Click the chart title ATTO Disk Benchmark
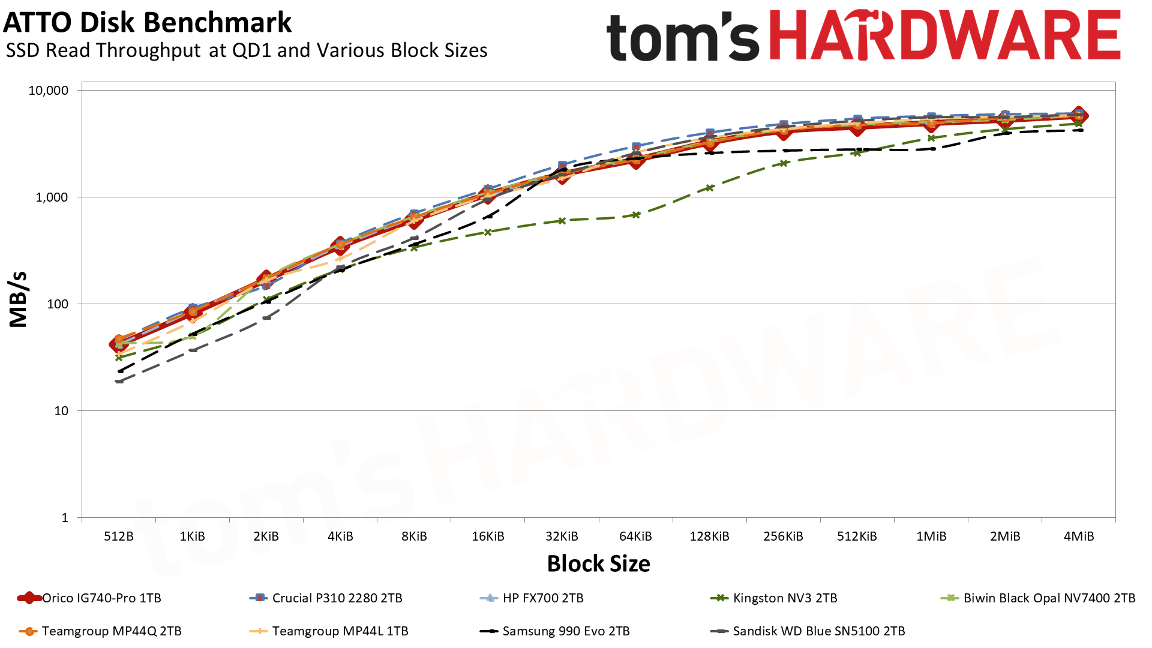(x=147, y=23)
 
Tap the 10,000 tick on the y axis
(x=49, y=91)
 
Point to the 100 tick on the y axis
(x=58, y=304)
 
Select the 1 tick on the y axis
(x=65, y=518)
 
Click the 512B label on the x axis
(x=119, y=536)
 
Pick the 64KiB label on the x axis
(x=635, y=536)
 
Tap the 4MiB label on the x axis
(x=1078, y=536)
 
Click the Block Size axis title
(x=598, y=564)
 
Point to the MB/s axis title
(x=19, y=299)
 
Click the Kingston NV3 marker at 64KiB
(x=636, y=215)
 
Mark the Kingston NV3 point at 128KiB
(x=710, y=188)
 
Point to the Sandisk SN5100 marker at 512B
(x=119, y=381)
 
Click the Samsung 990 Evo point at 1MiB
(x=931, y=149)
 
